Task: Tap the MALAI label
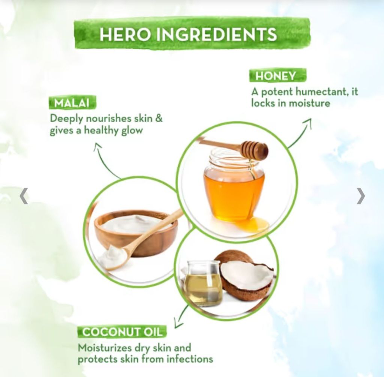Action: click(72, 103)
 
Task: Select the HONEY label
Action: click(277, 75)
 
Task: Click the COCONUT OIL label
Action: click(122, 332)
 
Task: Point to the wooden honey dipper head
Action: click(255, 150)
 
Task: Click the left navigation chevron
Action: click(24, 195)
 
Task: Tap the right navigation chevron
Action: click(361, 195)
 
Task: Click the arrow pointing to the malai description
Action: click(103, 162)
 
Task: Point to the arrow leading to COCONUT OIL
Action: click(181, 316)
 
